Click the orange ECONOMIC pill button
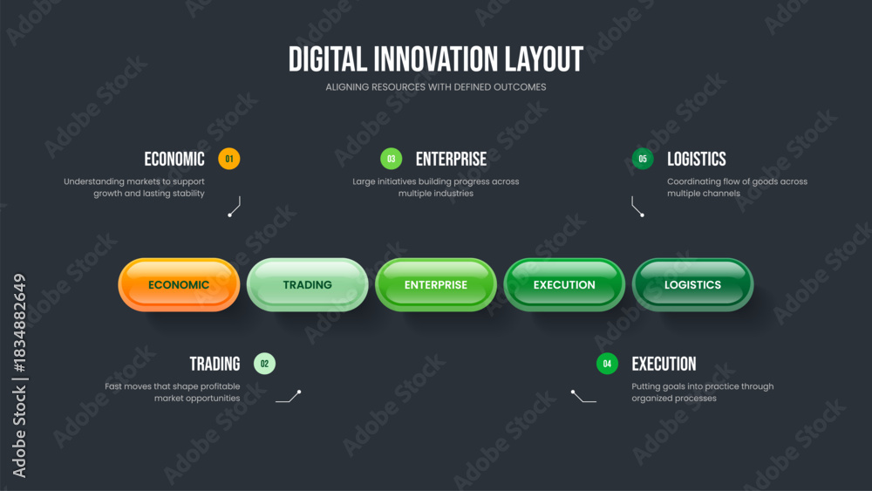[179, 284]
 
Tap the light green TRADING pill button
[308, 284]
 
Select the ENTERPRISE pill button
[436, 284]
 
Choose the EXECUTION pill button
[564, 284]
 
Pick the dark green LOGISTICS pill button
[693, 284]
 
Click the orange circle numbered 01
[229, 159]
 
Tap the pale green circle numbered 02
[265, 364]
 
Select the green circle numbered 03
[392, 159]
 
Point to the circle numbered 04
[607, 364]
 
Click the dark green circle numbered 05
[643, 159]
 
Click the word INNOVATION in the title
[435, 59]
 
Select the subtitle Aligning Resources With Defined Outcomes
[436, 86]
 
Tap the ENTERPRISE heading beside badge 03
[451, 159]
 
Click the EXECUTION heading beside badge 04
[664, 364]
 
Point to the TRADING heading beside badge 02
[215, 364]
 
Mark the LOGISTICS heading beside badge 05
[696, 159]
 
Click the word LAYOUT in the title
[544, 59]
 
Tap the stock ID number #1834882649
[19, 324]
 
